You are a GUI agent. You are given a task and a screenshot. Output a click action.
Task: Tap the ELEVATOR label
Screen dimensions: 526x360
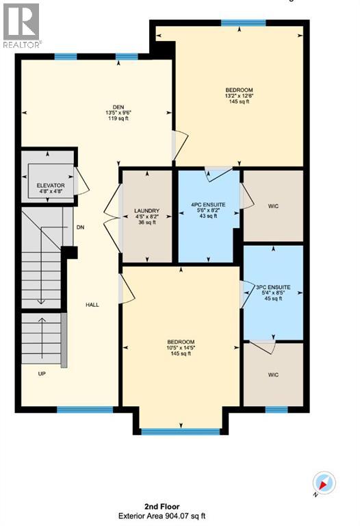[x=50, y=186]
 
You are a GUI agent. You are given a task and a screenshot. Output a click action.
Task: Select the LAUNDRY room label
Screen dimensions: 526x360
[x=146, y=210]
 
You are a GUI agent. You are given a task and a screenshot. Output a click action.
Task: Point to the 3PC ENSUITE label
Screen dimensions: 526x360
[x=272, y=287]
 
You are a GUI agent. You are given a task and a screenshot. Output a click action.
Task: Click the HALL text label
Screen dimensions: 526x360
[x=92, y=305]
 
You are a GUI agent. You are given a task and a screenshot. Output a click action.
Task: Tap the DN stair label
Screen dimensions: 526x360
[x=80, y=227]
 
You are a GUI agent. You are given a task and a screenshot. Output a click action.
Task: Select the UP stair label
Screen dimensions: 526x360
[x=42, y=373]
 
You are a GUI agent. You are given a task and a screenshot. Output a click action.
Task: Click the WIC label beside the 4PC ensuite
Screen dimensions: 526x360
[x=274, y=205]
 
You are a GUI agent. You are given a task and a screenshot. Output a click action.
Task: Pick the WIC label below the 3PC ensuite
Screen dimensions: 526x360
[x=273, y=375]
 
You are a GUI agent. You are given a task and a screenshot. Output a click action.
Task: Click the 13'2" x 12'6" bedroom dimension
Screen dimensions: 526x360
[x=240, y=97]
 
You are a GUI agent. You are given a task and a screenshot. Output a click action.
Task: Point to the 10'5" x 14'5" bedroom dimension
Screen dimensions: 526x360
[x=181, y=348]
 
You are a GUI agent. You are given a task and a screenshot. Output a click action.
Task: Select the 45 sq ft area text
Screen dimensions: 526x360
[x=272, y=298]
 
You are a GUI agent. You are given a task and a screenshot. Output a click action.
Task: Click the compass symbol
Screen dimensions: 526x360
[x=324, y=483]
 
